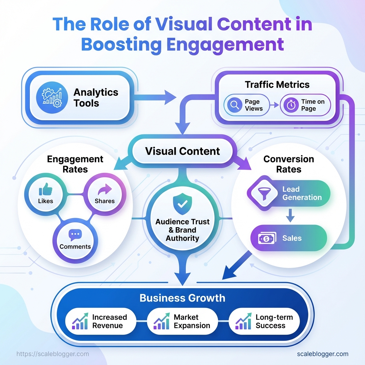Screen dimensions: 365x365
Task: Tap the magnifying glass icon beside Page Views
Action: click(x=235, y=105)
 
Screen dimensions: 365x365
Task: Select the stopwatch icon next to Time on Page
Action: click(x=291, y=105)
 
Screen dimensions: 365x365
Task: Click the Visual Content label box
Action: click(x=182, y=151)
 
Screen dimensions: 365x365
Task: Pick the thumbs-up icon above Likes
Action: click(x=45, y=190)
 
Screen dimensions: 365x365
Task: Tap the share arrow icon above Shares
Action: click(x=104, y=190)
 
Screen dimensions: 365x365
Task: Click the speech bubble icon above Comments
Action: click(x=75, y=235)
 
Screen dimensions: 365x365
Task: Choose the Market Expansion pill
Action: click(x=182, y=321)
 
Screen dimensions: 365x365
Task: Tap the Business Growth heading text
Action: click(x=182, y=298)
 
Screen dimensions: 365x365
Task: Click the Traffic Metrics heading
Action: click(x=277, y=84)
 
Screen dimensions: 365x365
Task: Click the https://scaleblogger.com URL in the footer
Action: click(x=53, y=354)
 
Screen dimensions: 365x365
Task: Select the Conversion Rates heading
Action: click(x=288, y=164)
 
